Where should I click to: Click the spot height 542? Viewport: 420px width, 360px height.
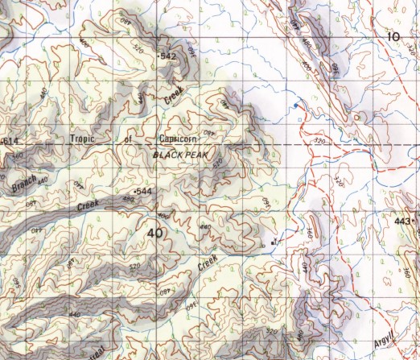coord(167,56)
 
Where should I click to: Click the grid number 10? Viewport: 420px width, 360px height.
coord(393,36)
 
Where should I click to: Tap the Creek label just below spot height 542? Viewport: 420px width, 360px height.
coord(175,94)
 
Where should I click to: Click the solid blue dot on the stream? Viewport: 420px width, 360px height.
coord(295,106)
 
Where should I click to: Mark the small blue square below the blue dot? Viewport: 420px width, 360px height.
coord(299,118)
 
